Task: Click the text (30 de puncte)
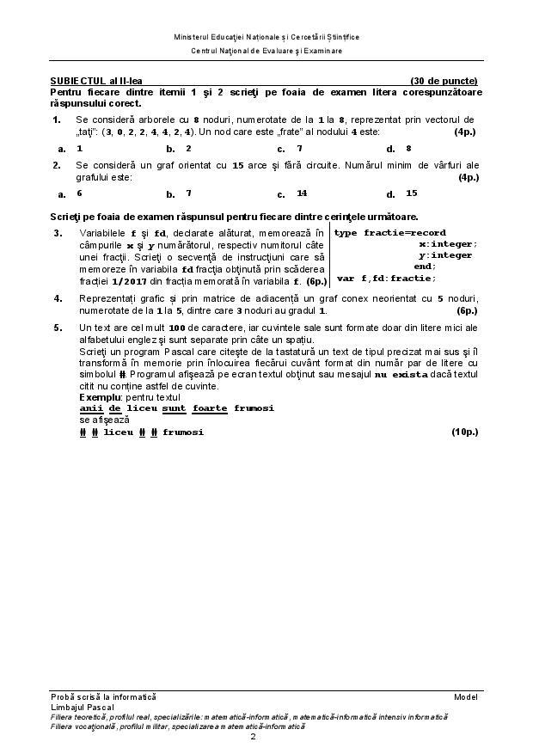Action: click(444, 81)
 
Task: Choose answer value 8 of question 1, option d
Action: click(408, 148)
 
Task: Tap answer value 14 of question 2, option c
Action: click(302, 193)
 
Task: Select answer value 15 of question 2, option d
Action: click(411, 193)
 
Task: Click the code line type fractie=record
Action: click(389, 233)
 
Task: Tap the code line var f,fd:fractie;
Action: click(386, 278)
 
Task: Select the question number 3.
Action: click(58, 233)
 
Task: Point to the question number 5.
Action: click(58, 328)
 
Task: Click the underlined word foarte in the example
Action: click(210, 409)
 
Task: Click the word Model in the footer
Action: click(465, 696)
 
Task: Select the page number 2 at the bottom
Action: click(253, 737)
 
